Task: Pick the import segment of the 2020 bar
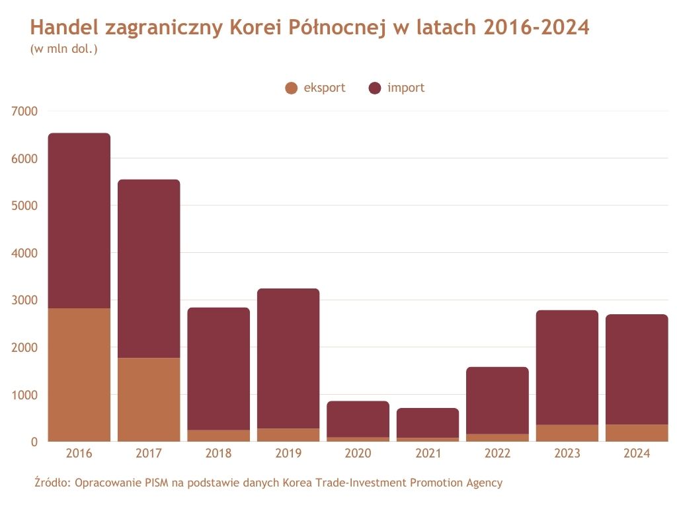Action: [358, 419]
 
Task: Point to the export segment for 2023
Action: [567, 433]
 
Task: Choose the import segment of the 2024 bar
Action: [637, 370]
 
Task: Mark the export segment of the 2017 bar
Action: [149, 399]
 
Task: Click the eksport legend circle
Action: [291, 88]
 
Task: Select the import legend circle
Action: [375, 88]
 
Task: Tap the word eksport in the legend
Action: [324, 88]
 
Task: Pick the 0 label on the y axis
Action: [34, 442]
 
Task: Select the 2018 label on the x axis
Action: [218, 454]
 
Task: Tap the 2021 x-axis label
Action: [428, 454]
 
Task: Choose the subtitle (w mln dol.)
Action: [64, 49]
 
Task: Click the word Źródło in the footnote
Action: [52, 483]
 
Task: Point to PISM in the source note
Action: [157, 483]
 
